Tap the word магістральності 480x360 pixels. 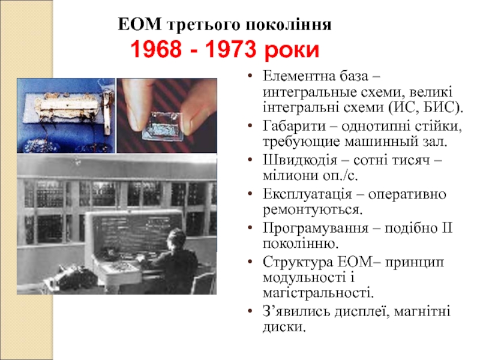[317, 293]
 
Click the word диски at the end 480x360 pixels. [283, 328]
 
